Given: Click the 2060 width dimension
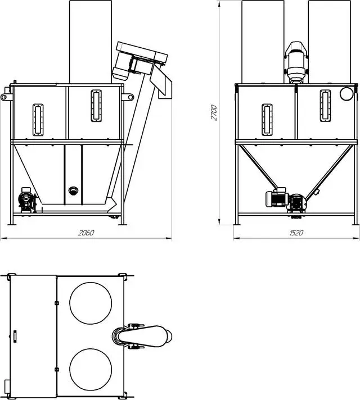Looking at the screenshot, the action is (86, 233).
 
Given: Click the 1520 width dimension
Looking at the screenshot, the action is (296, 233).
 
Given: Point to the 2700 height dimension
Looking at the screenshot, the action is (214, 112).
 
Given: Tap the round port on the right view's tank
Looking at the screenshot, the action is (346, 94).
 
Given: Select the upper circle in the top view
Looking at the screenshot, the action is (91, 303).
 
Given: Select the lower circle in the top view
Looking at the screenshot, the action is (91, 369).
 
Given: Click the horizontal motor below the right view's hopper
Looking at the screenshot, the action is (277, 198).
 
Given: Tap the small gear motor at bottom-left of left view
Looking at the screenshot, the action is (26, 201).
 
